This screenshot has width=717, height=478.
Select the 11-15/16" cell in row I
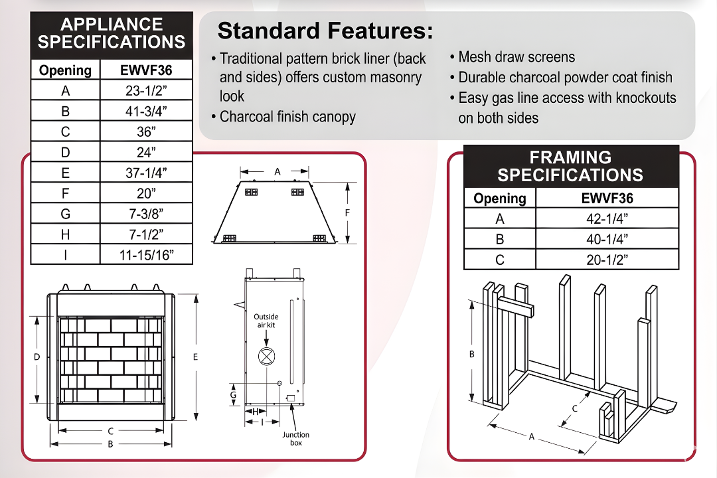tap(147, 254)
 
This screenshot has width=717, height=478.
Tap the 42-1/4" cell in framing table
tap(607, 218)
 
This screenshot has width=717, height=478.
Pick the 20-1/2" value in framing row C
tap(607, 260)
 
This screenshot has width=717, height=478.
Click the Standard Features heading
tap(325, 31)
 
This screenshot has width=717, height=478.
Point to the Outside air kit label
tap(266, 321)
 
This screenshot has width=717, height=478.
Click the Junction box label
tap(296, 439)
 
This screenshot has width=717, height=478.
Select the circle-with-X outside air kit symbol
tap(266, 357)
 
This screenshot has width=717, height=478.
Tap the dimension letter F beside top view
tap(347, 212)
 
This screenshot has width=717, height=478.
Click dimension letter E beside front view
tap(195, 357)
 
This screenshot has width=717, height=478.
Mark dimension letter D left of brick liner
tap(37, 357)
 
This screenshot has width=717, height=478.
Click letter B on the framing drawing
tap(472, 354)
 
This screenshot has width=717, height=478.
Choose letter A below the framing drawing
tap(531, 436)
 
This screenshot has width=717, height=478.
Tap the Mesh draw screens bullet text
tap(517, 57)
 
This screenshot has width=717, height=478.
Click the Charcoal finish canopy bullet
tap(287, 118)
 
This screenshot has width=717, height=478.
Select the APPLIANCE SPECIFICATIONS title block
tap(112, 34)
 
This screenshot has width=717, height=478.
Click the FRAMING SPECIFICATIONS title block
tap(570, 166)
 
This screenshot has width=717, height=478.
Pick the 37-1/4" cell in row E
tap(147, 173)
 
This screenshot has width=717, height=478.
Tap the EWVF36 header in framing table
tap(607, 198)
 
